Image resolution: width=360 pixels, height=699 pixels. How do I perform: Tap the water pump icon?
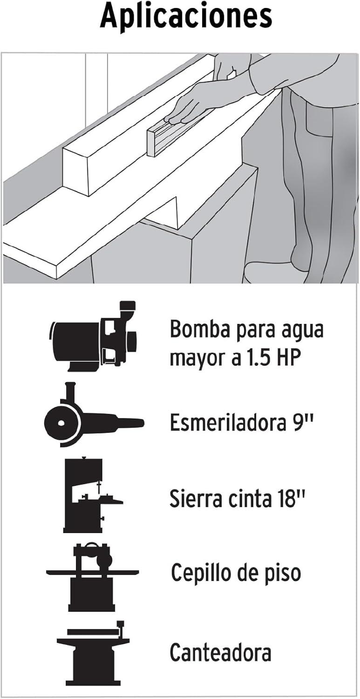93,336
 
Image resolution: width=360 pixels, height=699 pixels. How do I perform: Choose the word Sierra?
197,498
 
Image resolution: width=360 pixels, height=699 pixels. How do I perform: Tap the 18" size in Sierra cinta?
290,498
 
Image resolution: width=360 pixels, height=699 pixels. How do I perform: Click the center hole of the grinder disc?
61,423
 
